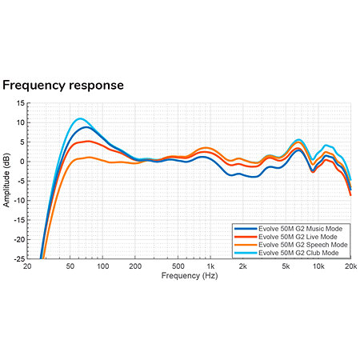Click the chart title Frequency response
coord(63,86)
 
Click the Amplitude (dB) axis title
coord(6,180)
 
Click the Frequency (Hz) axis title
coord(190,276)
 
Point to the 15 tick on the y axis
coord(20,103)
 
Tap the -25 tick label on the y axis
coord(19,259)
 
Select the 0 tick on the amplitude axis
coord(22,162)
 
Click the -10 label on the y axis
coord(19,201)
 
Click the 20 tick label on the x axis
coord(27,266)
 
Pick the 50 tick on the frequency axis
coord(70,266)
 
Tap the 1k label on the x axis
coord(210,266)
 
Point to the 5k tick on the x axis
coord(286,266)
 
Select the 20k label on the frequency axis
coord(351,266)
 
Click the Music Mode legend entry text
coord(301,229)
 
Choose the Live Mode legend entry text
coord(298,237)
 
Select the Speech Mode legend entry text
coord(303,245)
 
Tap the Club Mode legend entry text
coord(298,253)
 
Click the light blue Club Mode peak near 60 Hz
coord(80,118)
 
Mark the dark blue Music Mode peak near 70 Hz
coord(86,127)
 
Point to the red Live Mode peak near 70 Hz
coord(88,142)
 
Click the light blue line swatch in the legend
coord(246,253)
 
